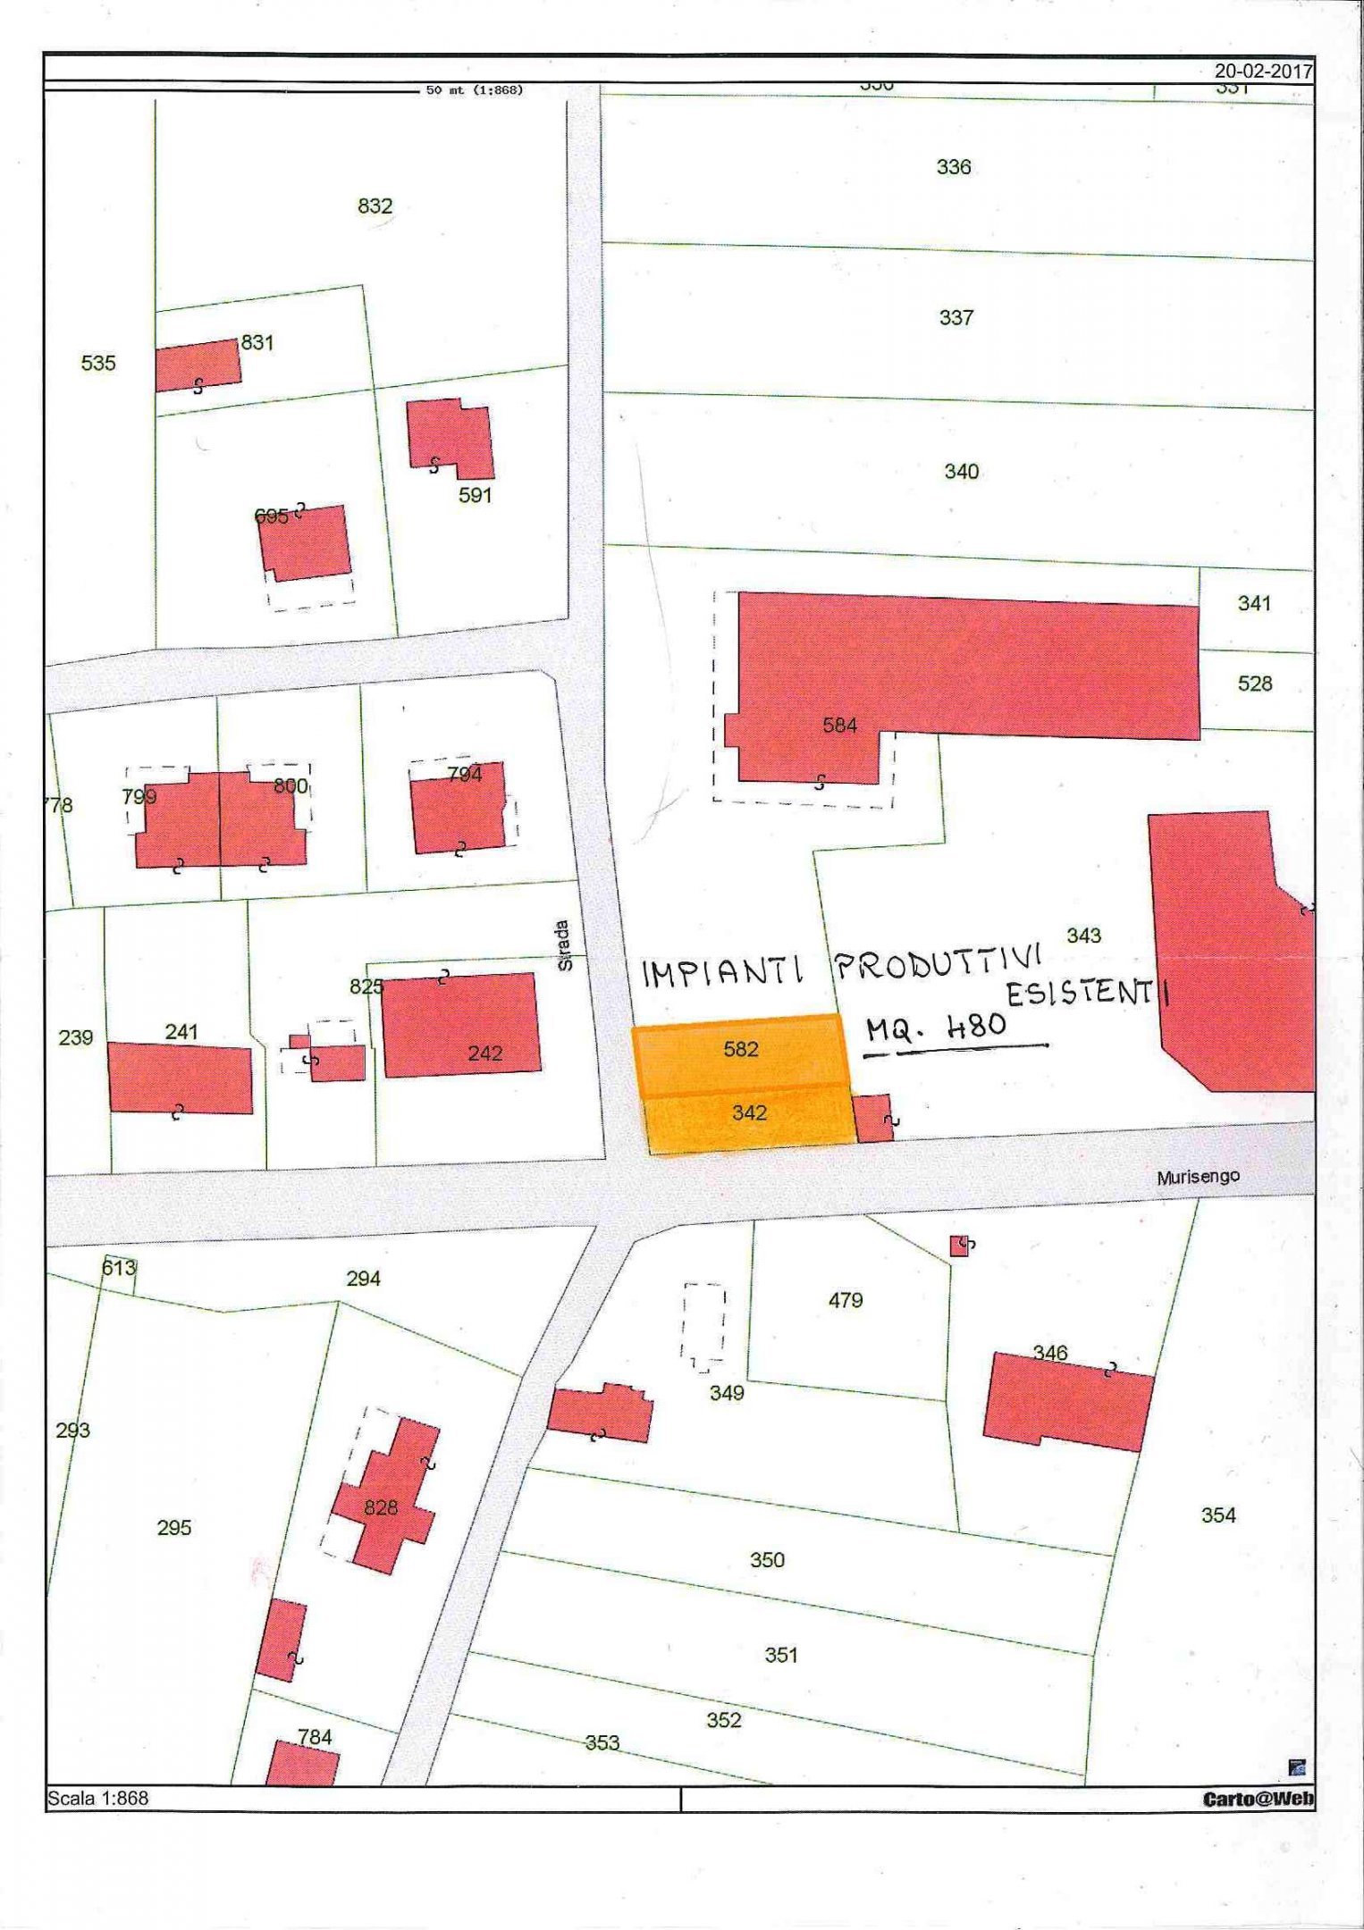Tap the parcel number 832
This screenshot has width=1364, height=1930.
coord(375,206)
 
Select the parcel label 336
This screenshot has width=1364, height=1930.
coord(953,167)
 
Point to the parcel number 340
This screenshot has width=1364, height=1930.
coord(962,471)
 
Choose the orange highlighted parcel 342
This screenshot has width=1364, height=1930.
coord(749,1113)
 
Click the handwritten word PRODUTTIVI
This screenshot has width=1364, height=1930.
coord(939,965)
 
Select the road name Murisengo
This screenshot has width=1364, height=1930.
coord(1199,1178)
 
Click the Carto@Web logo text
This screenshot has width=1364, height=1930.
coord(1258,1799)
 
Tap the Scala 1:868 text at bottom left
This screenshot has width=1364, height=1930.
coord(98,1798)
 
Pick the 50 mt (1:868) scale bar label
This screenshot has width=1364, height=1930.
coord(474,90)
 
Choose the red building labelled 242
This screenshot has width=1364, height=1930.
coord(460,1026)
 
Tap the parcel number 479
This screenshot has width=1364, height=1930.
coord(845,1300)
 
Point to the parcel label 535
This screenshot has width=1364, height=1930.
coord(98,363)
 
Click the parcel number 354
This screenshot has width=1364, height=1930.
coord(1218,1515)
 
